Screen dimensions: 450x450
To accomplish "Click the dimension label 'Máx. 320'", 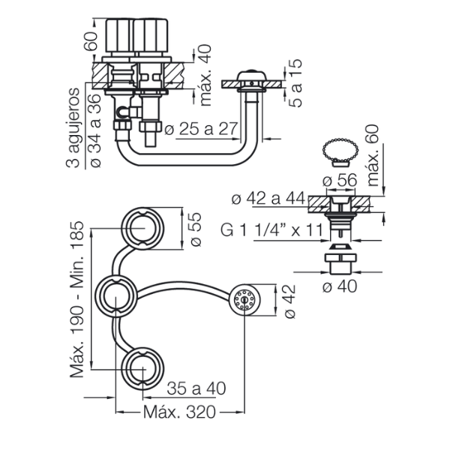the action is pos(179,412).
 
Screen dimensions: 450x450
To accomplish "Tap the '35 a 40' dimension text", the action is pos(196,388).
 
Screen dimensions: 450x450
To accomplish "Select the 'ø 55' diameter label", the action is pos(196,229).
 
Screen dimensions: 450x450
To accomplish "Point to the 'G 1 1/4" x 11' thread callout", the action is pos(271,229).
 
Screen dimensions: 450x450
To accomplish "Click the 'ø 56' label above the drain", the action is pos(340,181).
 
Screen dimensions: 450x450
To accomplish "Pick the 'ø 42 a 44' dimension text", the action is pos(268,199).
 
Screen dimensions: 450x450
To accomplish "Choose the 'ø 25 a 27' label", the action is pos(201,129).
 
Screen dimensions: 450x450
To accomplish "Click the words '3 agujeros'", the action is pos(73,127).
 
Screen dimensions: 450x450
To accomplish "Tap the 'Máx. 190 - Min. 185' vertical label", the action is pos(77,299).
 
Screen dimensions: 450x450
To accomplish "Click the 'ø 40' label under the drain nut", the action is pos(340,286).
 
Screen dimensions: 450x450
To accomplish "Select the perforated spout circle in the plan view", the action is pos(244,299).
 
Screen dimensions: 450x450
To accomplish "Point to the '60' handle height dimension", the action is pos(91,41).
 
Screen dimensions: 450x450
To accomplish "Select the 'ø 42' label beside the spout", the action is pos(289,301).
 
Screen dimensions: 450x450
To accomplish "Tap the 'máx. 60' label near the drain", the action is pos(373,155).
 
